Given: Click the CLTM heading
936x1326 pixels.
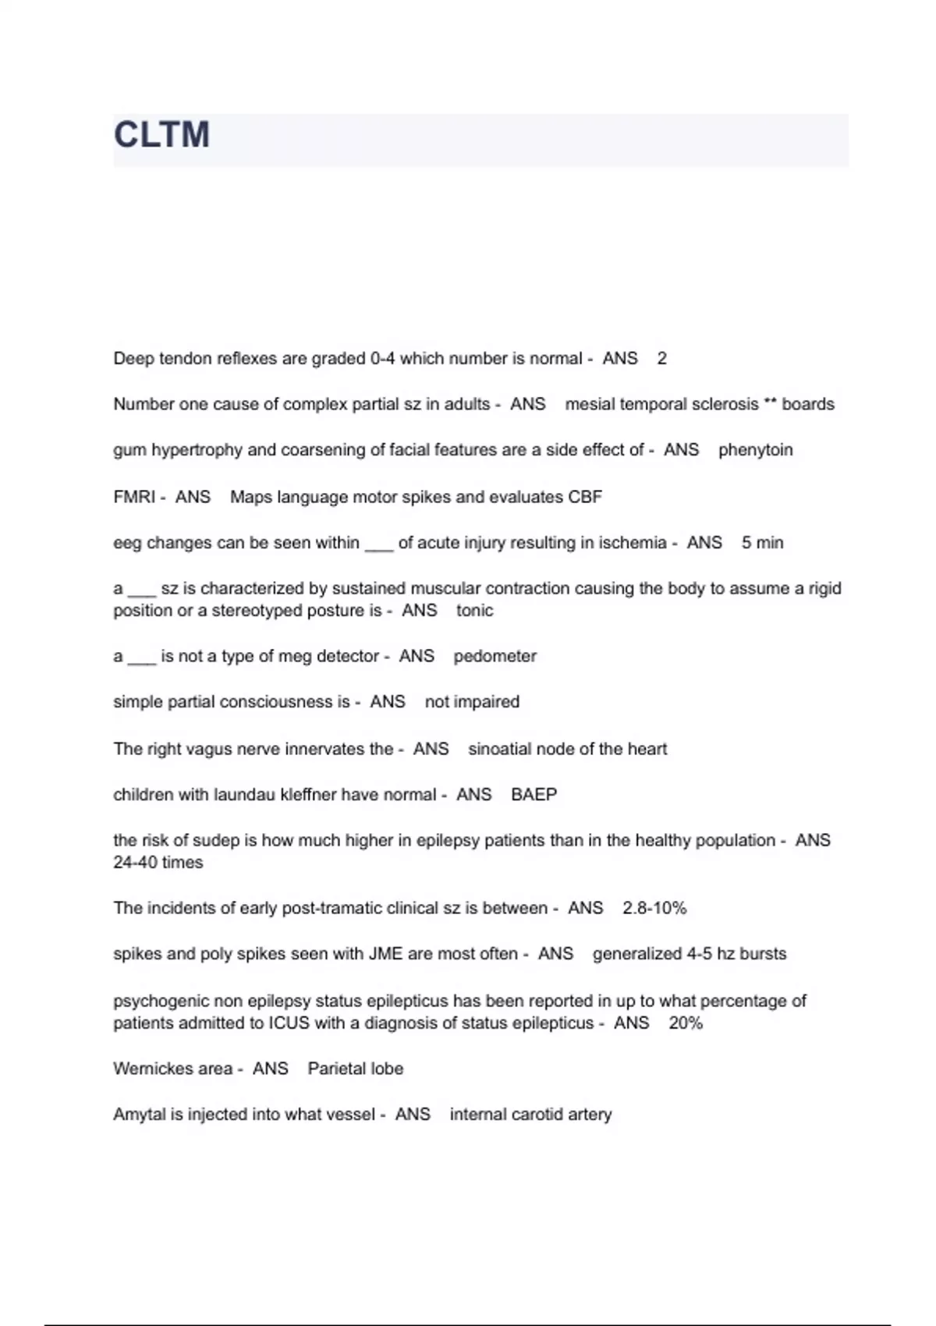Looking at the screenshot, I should (x=161, y=135).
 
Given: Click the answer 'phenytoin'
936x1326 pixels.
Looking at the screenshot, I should (x=755, y=450).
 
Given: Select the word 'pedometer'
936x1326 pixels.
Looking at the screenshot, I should (x=495, y=656).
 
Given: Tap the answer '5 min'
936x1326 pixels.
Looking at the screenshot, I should (x=762, y=543).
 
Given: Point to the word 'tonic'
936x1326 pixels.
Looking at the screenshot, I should (x=474, y=611).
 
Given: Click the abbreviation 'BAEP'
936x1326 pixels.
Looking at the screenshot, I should (x=534, y=795).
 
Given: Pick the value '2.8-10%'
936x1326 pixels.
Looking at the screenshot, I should (x=654, y=909).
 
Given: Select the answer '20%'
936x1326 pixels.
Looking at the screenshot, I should (x=685, y=1023).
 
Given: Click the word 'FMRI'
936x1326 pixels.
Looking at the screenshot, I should (x=134, y=497).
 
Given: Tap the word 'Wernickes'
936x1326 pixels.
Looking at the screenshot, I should (x=172, y=1069).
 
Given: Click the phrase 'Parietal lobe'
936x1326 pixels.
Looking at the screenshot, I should (x=355, y=1069).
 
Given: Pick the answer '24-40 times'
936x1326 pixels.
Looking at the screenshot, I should (x=158, y=863).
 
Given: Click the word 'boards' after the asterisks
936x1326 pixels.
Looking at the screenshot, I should (x=807, y=404).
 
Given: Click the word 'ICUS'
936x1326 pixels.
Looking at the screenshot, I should (x=289, y=1023).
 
